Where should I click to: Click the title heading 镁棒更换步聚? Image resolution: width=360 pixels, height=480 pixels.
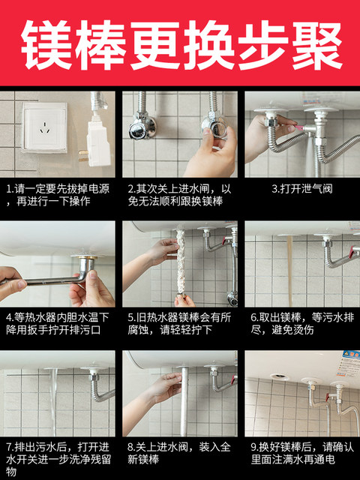[181, 45]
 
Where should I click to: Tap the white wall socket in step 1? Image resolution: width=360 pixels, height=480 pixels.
[45, 127]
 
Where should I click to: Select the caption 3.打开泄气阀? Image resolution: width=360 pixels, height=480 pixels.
[302, 189]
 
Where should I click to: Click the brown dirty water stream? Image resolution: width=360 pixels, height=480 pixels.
[289, 271]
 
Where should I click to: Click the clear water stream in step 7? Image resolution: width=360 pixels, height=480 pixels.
[54, 402]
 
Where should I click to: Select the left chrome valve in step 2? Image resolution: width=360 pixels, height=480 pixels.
[142, 125]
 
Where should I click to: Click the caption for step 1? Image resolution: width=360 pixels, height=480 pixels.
[58, 195]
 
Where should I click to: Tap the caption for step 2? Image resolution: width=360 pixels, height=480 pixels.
[179, 195]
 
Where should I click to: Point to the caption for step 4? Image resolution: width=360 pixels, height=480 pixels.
[58, 324]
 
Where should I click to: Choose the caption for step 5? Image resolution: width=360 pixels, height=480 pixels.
[179, 324]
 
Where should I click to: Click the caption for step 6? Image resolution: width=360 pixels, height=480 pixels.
[302, 324]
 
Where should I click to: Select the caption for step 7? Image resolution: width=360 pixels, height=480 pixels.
[58, 459]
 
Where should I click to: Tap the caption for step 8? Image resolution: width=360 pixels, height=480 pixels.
[179, 453]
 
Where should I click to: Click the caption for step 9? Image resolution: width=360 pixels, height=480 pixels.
[302, 453]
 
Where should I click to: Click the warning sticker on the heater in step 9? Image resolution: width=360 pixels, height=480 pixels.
[348, 364]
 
